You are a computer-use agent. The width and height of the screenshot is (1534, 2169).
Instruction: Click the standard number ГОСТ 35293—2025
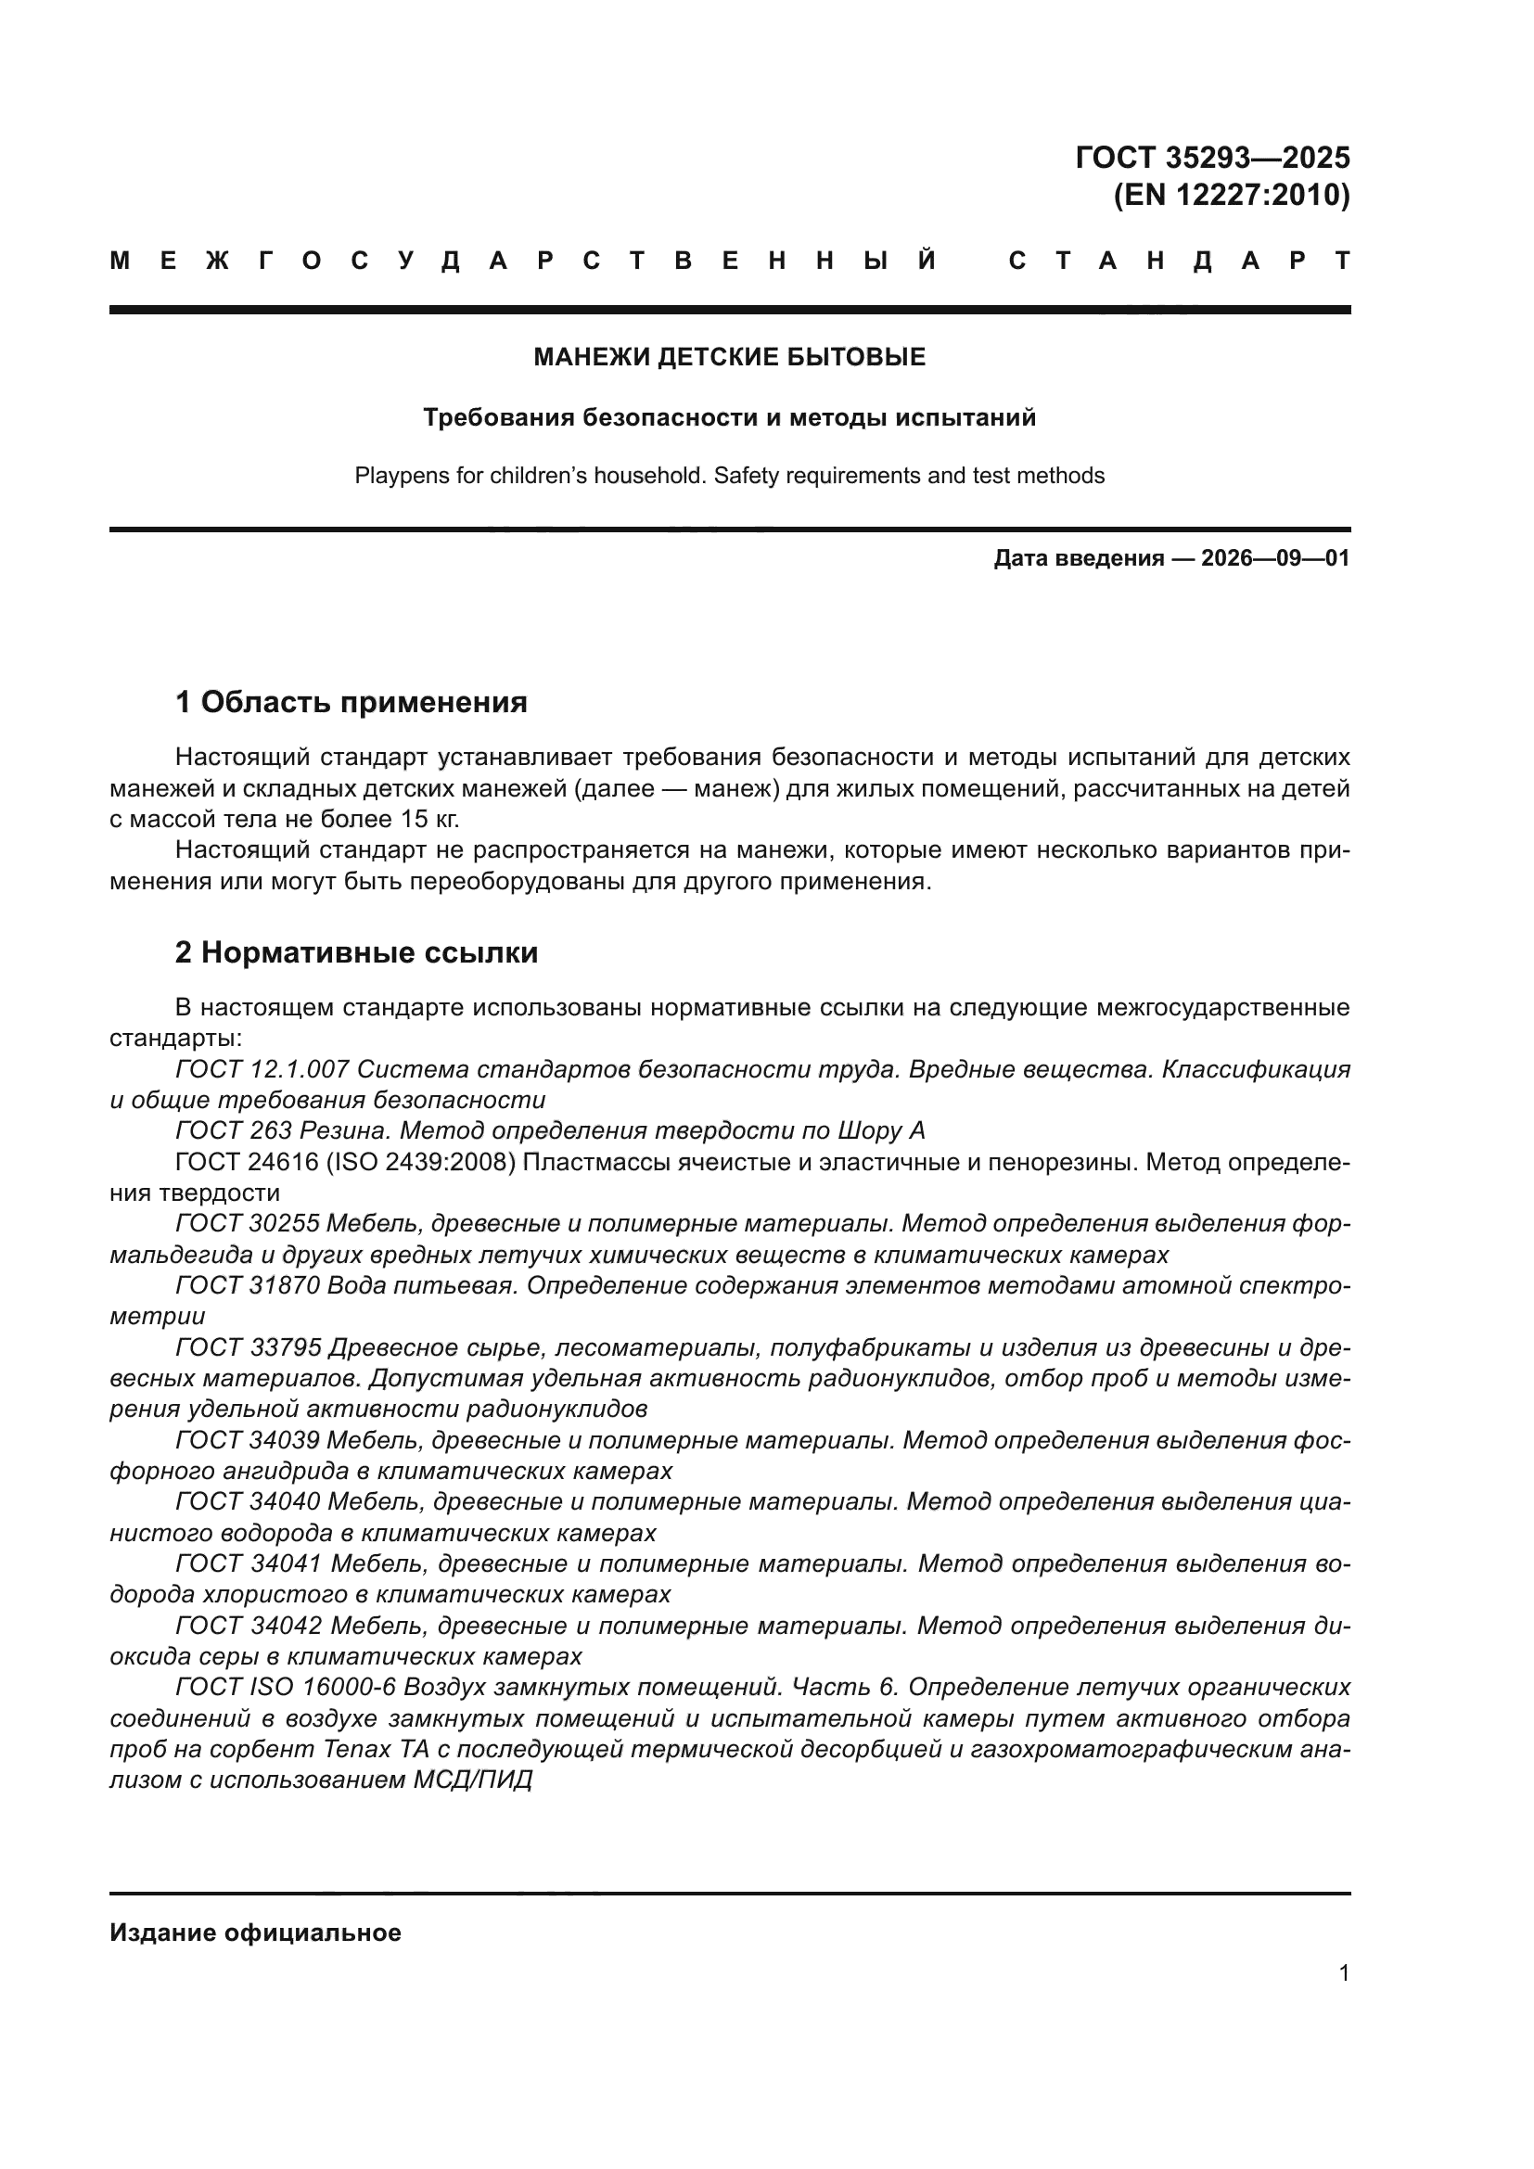click(1212, 157)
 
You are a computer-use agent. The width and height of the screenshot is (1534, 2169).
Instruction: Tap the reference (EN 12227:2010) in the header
click(1231, 195)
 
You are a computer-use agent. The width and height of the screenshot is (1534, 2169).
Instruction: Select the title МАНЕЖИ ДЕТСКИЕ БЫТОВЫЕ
click(729, 357)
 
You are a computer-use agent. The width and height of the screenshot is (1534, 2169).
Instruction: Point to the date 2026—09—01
click(1275, 558)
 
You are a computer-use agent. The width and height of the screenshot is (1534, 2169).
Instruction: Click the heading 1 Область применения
click(351, 702)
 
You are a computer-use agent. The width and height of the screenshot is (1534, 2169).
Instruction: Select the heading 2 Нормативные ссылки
click(356, 952)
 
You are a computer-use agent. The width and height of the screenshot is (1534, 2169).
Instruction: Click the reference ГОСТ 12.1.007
click(262, 1069)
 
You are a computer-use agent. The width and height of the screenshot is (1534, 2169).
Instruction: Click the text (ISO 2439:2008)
click(420, 1162)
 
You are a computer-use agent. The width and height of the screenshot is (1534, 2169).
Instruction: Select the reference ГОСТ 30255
click(248, 1223)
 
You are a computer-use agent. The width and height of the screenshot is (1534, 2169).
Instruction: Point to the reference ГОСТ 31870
click(248, 1285)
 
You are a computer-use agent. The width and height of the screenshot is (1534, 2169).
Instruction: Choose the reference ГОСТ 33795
click(249, 1347)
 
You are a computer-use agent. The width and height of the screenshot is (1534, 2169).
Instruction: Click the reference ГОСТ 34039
click(249, 1441)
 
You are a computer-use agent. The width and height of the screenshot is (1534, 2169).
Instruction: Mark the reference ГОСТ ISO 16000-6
click(287, 1687)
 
